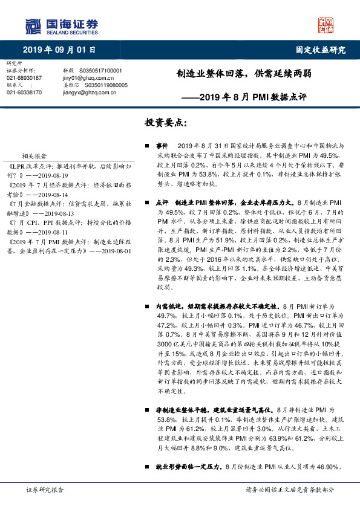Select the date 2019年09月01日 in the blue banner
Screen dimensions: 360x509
click(x=59, y=50)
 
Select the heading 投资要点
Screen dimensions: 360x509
click(x=165, y=122)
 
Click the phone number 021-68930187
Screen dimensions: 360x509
click(x=24, y=78)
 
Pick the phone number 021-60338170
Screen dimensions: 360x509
click(x=24, y=92)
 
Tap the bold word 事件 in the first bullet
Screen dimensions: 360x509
click(x=162, y=146)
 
